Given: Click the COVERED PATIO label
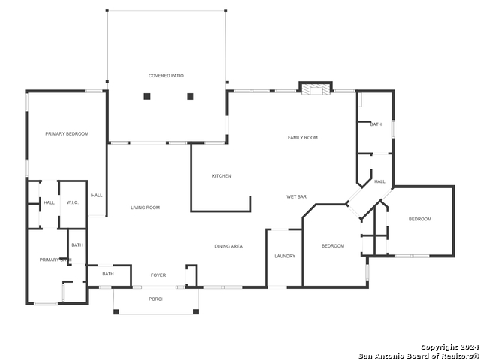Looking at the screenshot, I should (166, 76).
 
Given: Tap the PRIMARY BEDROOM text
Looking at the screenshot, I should (67, 134).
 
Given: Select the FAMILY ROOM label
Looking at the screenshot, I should (303, 138).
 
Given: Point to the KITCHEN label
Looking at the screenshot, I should (221, 176).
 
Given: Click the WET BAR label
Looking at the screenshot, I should (296, 197).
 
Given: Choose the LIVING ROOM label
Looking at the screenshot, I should (145, 208).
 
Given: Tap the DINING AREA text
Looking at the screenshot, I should (229, 246).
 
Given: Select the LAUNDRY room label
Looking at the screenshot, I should (285, 256).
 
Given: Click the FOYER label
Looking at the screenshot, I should (158, 275).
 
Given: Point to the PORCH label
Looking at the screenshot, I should (156, 299).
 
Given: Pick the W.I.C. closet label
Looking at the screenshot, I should (73, 202).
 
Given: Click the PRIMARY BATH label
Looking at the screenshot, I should (55, 259).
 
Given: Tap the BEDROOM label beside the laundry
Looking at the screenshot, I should (333, 246).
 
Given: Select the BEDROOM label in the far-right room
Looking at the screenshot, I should (419, 219).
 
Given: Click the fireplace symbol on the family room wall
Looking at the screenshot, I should (316, 88).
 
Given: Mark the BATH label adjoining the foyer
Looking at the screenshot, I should (108, 274).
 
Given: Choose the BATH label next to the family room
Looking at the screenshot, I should (376, 124).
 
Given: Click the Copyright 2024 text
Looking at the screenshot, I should (448, 347).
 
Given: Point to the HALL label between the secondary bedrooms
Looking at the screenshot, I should (380, 181).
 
